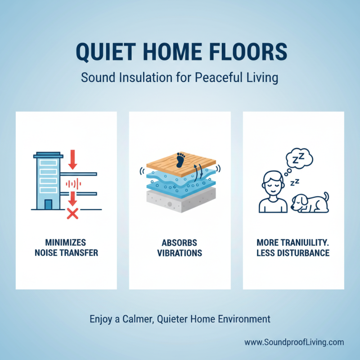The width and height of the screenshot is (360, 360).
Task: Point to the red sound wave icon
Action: tap(72, 184)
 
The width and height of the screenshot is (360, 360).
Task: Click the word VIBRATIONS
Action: tap(180, 253)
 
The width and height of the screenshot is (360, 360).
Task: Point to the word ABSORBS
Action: tap(180, 243)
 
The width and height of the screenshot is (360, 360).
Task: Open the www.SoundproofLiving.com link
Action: tap(294, 342)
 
